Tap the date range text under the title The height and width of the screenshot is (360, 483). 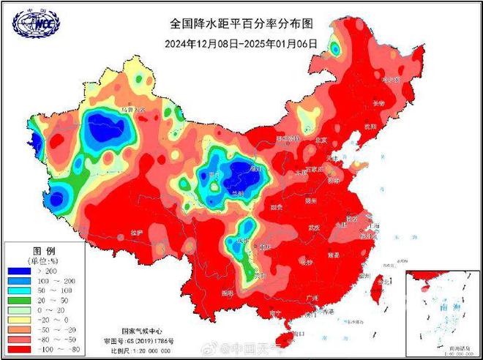point(241,43)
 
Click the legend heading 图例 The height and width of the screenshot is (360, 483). point(42,250)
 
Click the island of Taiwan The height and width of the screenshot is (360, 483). point(380,286)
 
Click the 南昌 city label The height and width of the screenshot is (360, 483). point(334,254)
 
